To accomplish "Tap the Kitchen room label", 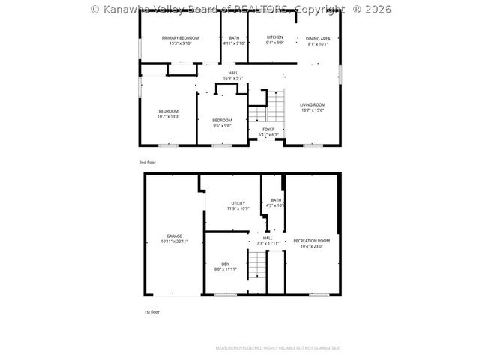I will coord(275,37).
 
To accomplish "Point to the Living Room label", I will coord(313,105).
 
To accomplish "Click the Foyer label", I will coord(268,130).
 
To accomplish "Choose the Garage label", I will coord(174,235).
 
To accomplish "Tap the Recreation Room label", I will coord(311,241).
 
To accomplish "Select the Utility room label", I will coord(238,203).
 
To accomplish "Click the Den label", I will coord(225,263).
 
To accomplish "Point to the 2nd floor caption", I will coord(148,163).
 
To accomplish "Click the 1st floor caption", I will coord(151,311).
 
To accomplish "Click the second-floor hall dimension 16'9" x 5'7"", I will coord(233,78).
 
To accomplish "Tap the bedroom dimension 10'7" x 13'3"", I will coord(168,116).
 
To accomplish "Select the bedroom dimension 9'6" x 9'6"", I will coord(222,125).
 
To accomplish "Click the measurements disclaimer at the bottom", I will coord(278,348).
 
